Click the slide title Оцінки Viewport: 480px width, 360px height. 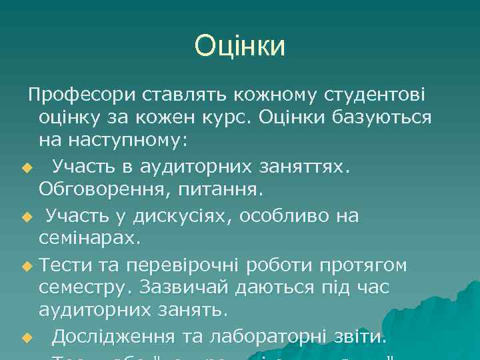[x=240, y=46]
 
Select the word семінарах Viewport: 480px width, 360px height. [x=89, y=238]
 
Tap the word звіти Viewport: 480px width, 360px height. [x=359, y=337]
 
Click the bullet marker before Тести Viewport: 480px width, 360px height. [x=26, y=265]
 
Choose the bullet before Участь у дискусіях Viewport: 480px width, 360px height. [x=26, y=217]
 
